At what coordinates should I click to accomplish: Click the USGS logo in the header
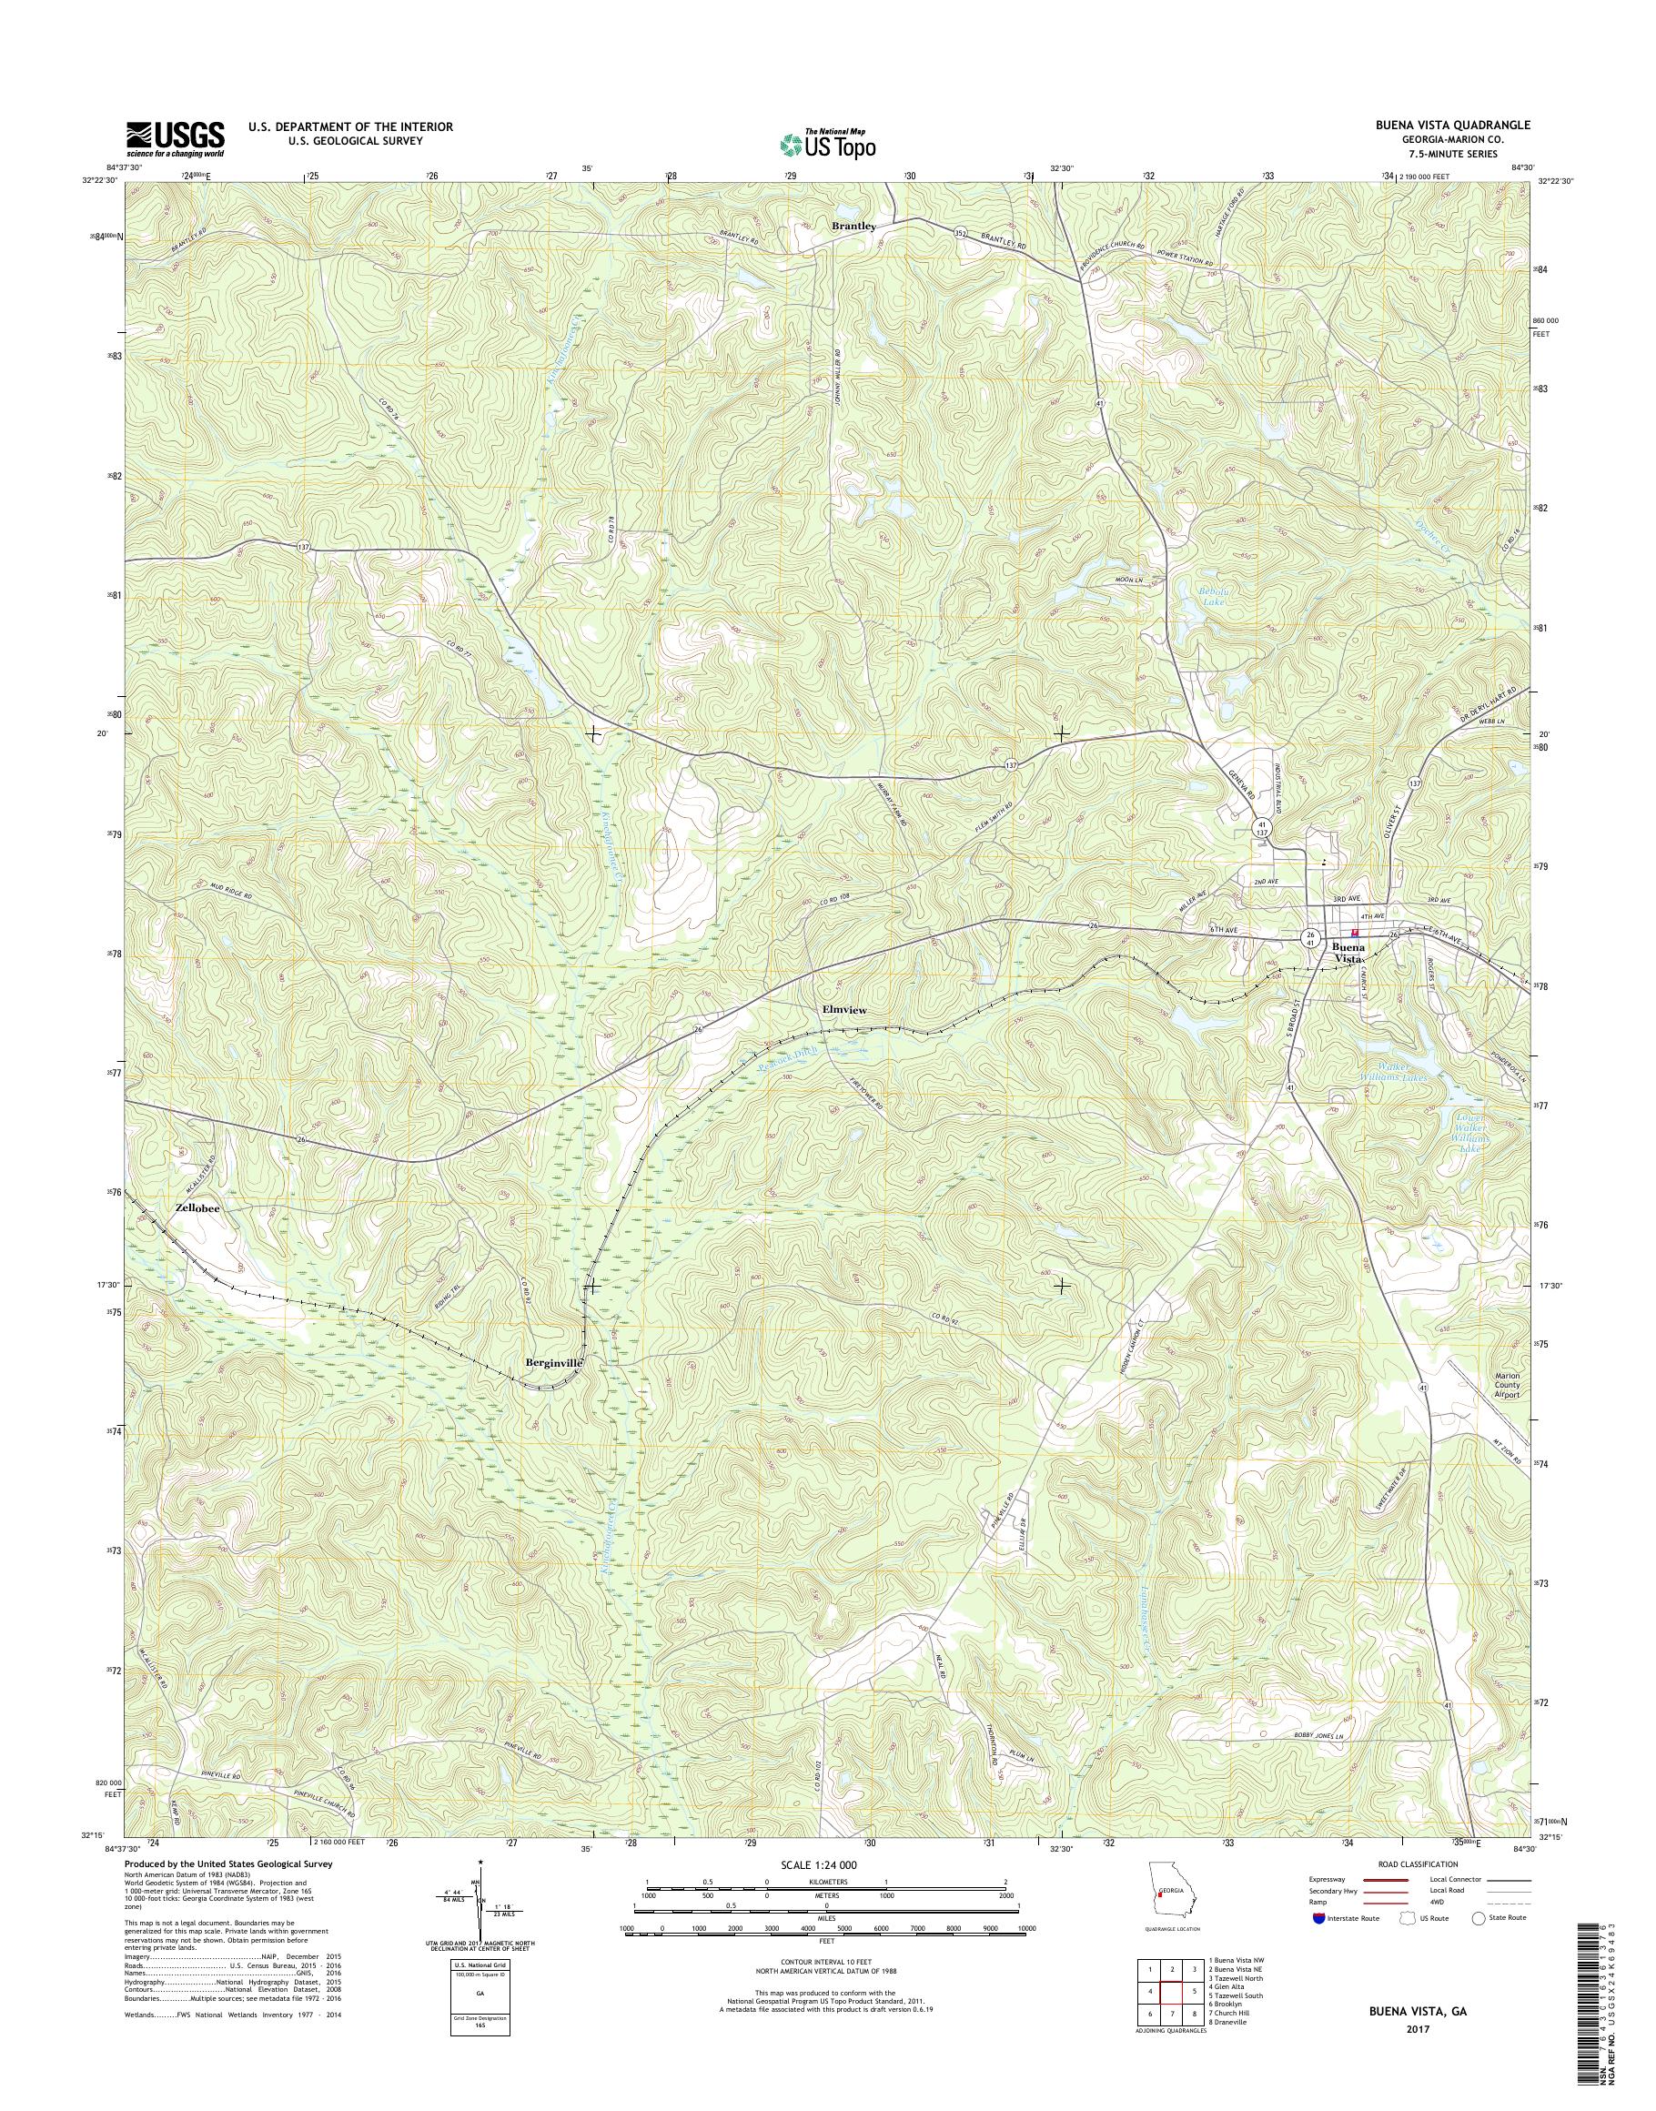click(175, 138)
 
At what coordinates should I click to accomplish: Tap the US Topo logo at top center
click(828, 145)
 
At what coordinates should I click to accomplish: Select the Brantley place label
click(854, 226)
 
